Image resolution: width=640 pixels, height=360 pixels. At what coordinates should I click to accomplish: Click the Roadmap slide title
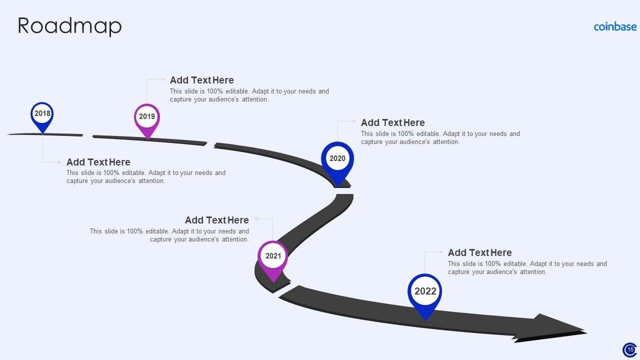pos(69,26)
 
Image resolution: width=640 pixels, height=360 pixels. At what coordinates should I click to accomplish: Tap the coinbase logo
pos(615,27)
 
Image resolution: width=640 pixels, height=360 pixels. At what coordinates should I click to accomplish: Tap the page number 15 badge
pos(629,349)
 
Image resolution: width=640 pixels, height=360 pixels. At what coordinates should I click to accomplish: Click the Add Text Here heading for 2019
pos(202,80)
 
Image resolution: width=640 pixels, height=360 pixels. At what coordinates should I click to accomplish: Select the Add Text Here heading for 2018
pos(98,162)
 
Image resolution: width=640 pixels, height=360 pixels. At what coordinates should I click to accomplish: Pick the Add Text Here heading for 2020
pos(393,122)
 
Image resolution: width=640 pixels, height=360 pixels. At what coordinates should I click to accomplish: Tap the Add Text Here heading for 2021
pos(217,220)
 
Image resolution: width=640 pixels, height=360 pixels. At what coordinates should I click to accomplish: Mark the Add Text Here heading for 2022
pos(480,252)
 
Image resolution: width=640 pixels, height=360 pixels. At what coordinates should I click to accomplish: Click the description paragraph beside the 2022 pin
pos(527,268)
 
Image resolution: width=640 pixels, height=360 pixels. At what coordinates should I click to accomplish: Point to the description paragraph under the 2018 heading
pos(146,177)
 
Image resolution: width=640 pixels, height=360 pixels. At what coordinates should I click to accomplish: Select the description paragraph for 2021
pos(169,235)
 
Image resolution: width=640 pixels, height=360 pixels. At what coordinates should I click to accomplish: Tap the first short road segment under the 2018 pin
pos(45,134)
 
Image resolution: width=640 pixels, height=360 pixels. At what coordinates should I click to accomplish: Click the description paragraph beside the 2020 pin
pos(440,138)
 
